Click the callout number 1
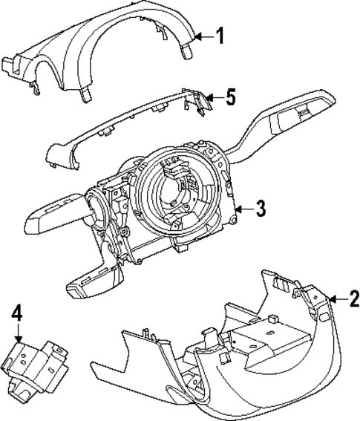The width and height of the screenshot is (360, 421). (x=219, y=35)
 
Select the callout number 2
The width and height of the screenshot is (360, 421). (x=353, y=300)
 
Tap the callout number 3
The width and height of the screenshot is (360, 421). (x=261, y=209)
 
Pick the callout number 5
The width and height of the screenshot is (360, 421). (x=231, y=97)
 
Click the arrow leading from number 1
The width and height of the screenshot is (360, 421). (x=203, y=35)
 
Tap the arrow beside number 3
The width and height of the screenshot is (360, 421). (x=244, y=210)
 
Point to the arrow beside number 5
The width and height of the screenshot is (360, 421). (x=215, y=97)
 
